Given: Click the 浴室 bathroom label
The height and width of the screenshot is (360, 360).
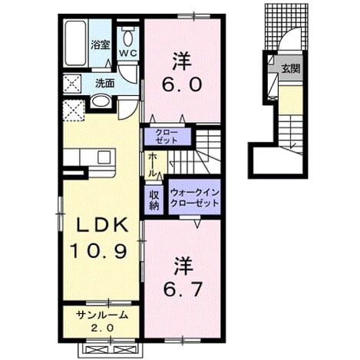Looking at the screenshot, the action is click(x=101, y=45).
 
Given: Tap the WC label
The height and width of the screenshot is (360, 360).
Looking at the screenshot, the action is click(x=128, y=53).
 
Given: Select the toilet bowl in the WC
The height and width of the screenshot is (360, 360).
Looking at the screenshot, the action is click(x=128, y=37).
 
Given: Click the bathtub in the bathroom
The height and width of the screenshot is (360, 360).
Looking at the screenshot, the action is click(x=75, y=43).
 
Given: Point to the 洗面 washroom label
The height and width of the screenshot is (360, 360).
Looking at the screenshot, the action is click(x=105, y=84).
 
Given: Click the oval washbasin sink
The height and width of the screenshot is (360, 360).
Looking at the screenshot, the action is click(x=101, y=101).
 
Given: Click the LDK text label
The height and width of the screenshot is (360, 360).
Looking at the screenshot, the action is click(x=102, y=225).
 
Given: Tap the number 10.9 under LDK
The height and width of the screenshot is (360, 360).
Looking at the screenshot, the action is click(x=98, y=251).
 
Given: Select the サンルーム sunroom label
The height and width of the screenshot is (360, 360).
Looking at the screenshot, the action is click(x=102, y=315).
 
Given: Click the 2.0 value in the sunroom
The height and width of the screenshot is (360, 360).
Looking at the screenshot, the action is click(x=102, y=328).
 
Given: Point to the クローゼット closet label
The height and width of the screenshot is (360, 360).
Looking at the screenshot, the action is click(x=167, y=137).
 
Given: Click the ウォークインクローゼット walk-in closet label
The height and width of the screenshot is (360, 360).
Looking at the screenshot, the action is click(x=194, y=198).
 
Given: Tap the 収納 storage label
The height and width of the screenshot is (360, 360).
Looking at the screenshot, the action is click(x=154, y=200).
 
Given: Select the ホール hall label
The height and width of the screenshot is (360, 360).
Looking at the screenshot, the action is click(x=152, y=164).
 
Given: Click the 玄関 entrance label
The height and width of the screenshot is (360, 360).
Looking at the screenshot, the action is click(x=291, y=68).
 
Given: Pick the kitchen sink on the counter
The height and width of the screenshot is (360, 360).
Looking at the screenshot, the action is click(x=104, y=157).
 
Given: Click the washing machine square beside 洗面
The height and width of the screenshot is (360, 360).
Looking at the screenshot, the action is click(x=72, y=84).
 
